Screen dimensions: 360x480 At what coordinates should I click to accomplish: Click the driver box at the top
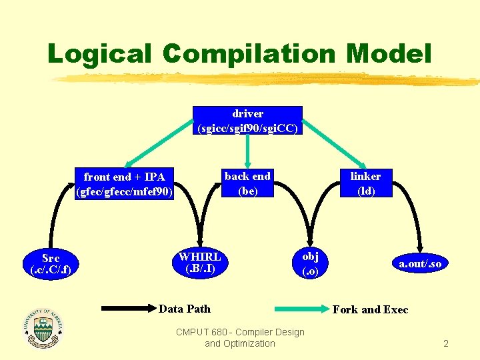pyautogui.click(x=247, y=120)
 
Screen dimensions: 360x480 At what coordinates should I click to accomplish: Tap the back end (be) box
pyautogui.click(x=247, y=183)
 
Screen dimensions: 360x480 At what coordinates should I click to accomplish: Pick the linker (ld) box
pyautogui.click(x=365, y=183)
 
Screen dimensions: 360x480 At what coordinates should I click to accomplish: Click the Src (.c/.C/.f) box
pyautogui.click(x=51, y=264)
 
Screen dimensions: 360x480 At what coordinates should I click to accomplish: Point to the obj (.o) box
pyautogui.click(x=310, y=263)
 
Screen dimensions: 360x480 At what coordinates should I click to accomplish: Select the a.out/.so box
pyautogui.click(x=420, y=264)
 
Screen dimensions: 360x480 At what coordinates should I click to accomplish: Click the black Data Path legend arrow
pyautogui.click(x=127, y=309)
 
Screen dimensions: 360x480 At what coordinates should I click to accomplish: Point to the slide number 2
pyautogui.click(x=446, y=344)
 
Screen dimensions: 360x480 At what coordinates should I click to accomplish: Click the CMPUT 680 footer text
pyautogui.click(x=240, y=337)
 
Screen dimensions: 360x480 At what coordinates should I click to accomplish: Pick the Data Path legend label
pyautogui.click(x=185, y=309)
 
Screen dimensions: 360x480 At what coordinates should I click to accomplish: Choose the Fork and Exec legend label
pyautogui.click(x=370, y=309)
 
